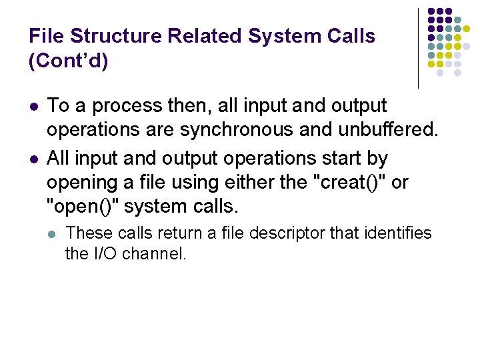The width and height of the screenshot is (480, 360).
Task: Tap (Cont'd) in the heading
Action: click(69, 61)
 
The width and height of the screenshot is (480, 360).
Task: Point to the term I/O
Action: click(100, 253)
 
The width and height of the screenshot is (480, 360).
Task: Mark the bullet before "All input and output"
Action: click(33, 159)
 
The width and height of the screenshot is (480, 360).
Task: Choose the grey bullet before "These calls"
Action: click(53, 233)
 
